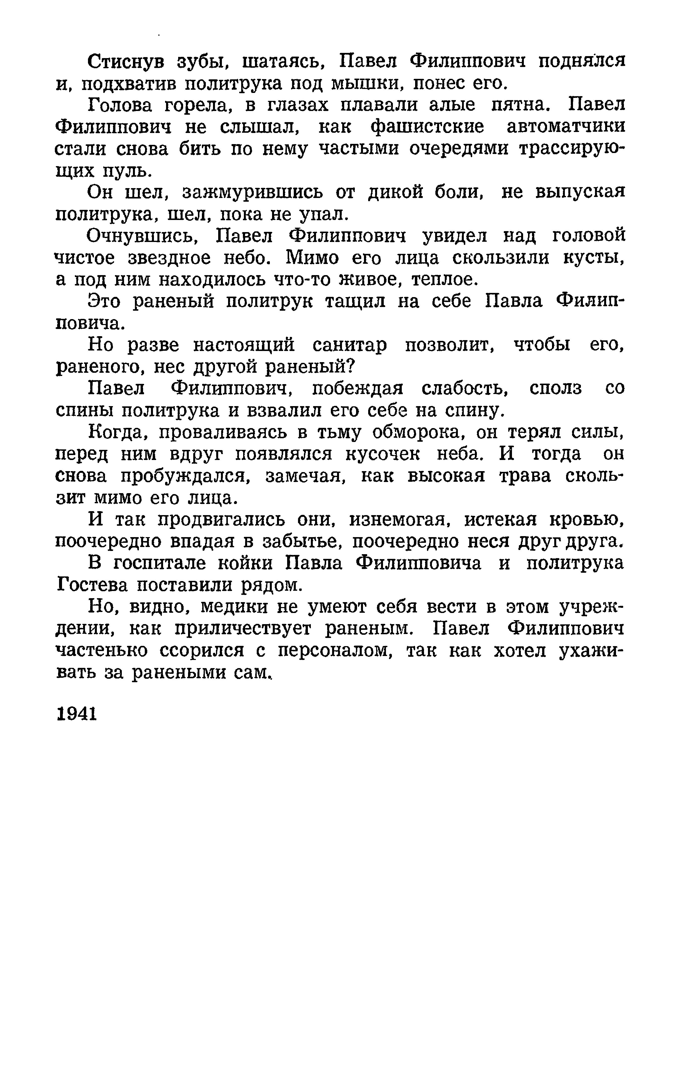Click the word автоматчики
[x=566, y=127]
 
